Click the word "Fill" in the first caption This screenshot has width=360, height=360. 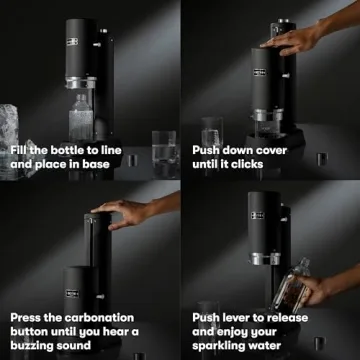pos(20,150)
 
